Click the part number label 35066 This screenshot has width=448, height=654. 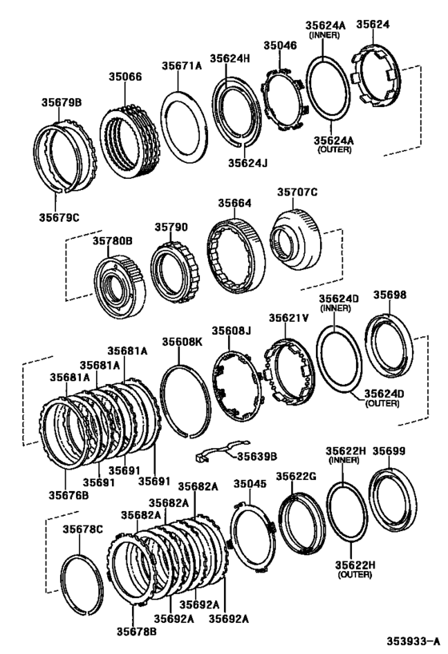(126, 77)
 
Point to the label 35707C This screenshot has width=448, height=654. (298, 192)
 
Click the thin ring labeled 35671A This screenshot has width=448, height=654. (183, 124)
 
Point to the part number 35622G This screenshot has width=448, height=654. (296, 476)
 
